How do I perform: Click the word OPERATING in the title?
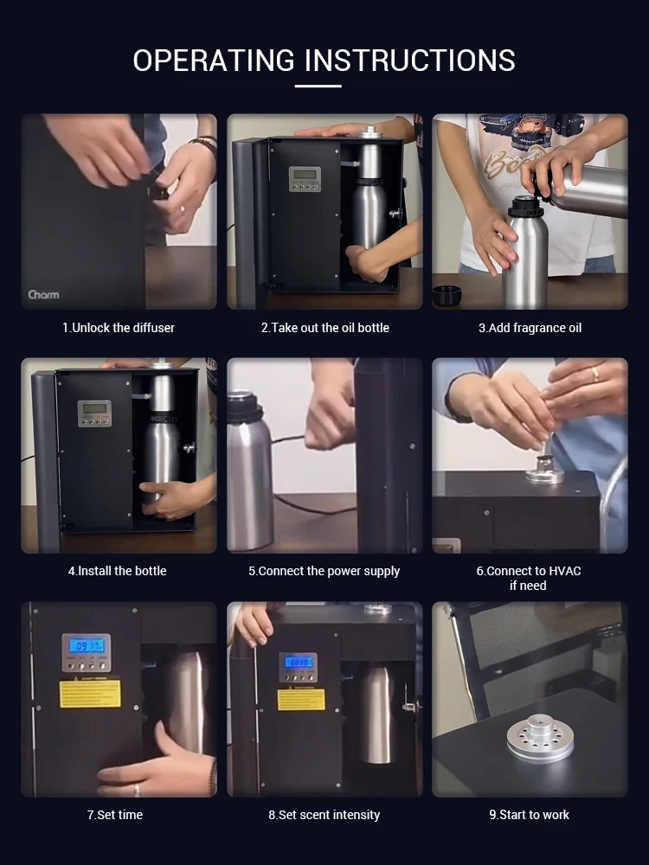coord(214,61)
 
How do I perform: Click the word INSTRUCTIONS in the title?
coord(410,61)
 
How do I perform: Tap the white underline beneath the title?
coord(318,86)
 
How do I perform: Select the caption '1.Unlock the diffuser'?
coord(119,328)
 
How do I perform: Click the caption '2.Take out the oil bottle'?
coord(324,328)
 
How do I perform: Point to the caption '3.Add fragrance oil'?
coord(530,328)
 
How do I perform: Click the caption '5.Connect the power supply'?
coord(324,571)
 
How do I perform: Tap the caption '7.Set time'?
coord(115,815)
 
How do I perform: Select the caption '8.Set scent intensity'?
coord(324,815)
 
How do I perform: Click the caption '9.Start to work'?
coord(529,815)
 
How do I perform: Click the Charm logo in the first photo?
coord(43,295)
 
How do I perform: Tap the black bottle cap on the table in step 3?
coord(447,294)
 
